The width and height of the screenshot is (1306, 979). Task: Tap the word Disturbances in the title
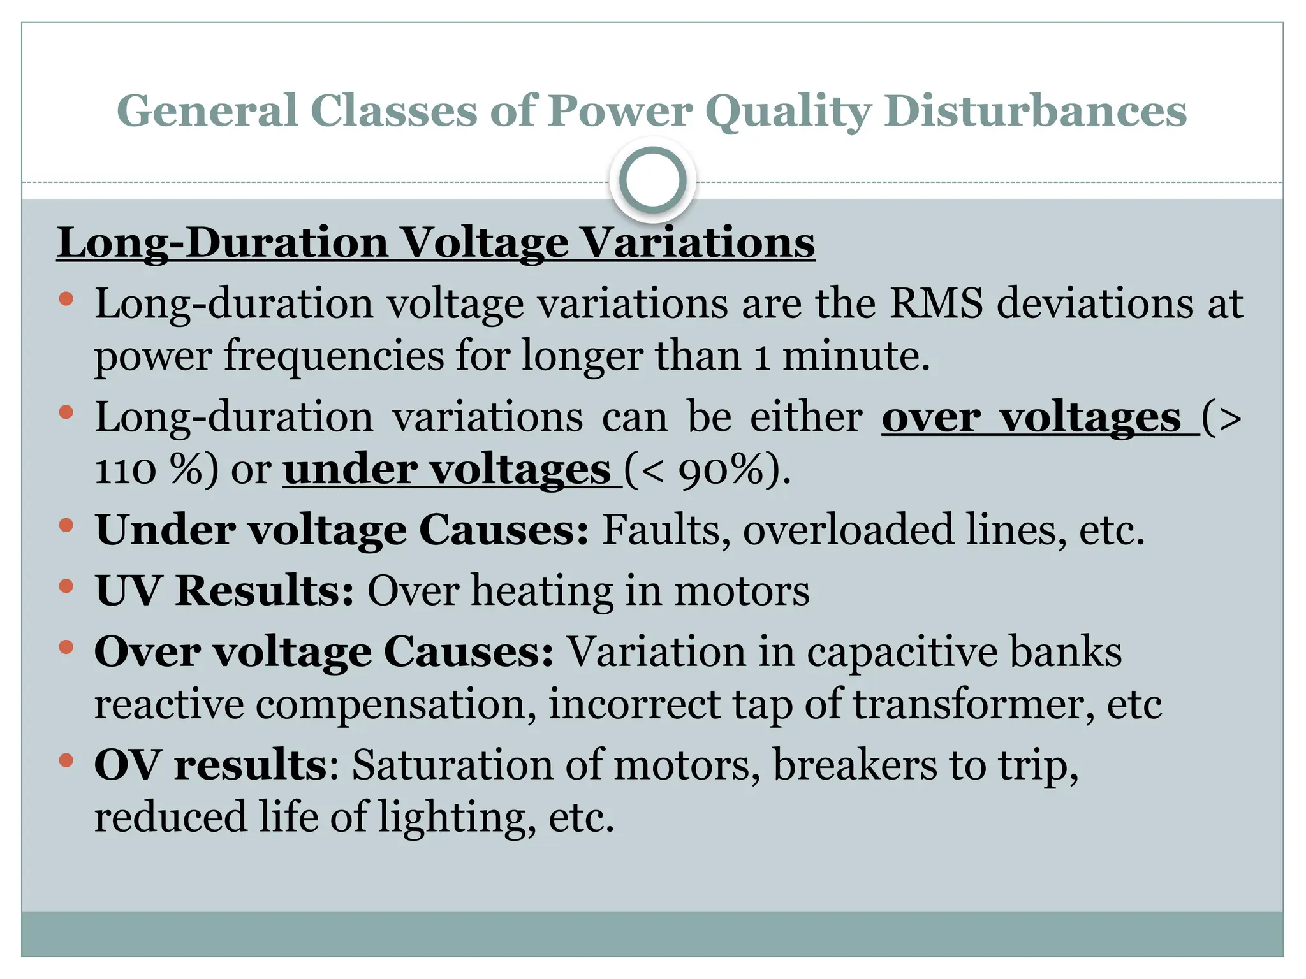(1036, 111)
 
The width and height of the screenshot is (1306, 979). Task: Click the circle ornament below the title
(652, 180)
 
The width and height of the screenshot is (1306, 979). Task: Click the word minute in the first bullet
(856, 356)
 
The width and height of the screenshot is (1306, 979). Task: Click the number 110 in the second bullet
(125, 471)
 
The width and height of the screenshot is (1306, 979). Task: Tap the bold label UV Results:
(224, 590)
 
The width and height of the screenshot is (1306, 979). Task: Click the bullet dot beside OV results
(66, 760)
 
